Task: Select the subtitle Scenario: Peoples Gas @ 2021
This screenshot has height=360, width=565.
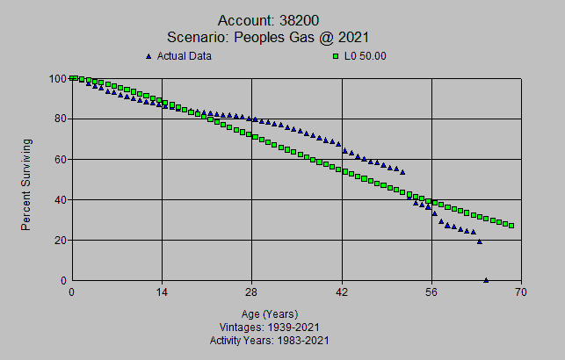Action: point(267,37)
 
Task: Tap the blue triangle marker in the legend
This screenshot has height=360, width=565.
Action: point(148,56)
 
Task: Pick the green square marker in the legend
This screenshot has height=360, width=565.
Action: point(335,56)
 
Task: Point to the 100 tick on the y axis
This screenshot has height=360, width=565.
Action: point(57,79)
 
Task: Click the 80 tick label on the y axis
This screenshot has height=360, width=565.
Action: point(60,119)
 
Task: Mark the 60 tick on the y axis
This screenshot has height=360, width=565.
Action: point(60,159)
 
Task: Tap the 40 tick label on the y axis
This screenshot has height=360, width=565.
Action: point(60,199)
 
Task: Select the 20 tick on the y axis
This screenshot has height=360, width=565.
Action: point(60,240)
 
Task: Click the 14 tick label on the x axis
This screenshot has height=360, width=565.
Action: point(162,292)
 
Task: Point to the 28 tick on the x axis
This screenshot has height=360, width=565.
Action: point(251,292)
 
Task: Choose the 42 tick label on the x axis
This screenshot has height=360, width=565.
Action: point(342,292)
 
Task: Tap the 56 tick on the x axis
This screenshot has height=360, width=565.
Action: point(431,292)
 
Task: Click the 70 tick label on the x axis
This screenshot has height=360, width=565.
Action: point(522,292)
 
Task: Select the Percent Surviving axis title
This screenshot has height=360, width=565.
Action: point(26,184)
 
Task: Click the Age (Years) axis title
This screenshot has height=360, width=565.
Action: point(270,313)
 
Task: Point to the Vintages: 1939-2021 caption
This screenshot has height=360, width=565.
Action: point(270,327)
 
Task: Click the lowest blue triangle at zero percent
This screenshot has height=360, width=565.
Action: point(486,280)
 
